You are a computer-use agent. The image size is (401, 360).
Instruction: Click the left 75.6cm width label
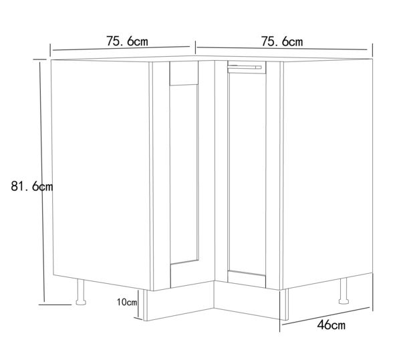[127, 41]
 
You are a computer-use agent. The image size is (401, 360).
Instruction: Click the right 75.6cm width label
[282, 41]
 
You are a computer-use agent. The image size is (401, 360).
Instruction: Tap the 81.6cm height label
[31, 186]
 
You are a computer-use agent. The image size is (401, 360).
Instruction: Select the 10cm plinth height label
[127, 303]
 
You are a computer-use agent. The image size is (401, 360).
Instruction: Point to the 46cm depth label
[331, 325]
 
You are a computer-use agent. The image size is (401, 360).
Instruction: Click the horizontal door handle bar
[245, 67]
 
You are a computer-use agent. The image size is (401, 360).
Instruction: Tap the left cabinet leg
[81, 292]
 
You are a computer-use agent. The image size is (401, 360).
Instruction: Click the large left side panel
[101, 174]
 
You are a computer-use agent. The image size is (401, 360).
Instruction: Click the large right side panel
[327, 174]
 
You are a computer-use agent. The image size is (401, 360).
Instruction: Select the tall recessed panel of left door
[184, 174]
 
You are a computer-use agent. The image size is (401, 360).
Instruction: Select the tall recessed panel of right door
[247, 174]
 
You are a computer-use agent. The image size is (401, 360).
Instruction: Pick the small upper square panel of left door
[184, 73]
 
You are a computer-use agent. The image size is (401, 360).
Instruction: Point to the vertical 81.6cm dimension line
[42, 182]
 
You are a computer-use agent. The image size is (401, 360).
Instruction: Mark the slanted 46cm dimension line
[325, 316]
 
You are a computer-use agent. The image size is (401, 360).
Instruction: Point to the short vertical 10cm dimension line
[138, 304]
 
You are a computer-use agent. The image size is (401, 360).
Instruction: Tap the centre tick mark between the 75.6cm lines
[196, 47]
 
